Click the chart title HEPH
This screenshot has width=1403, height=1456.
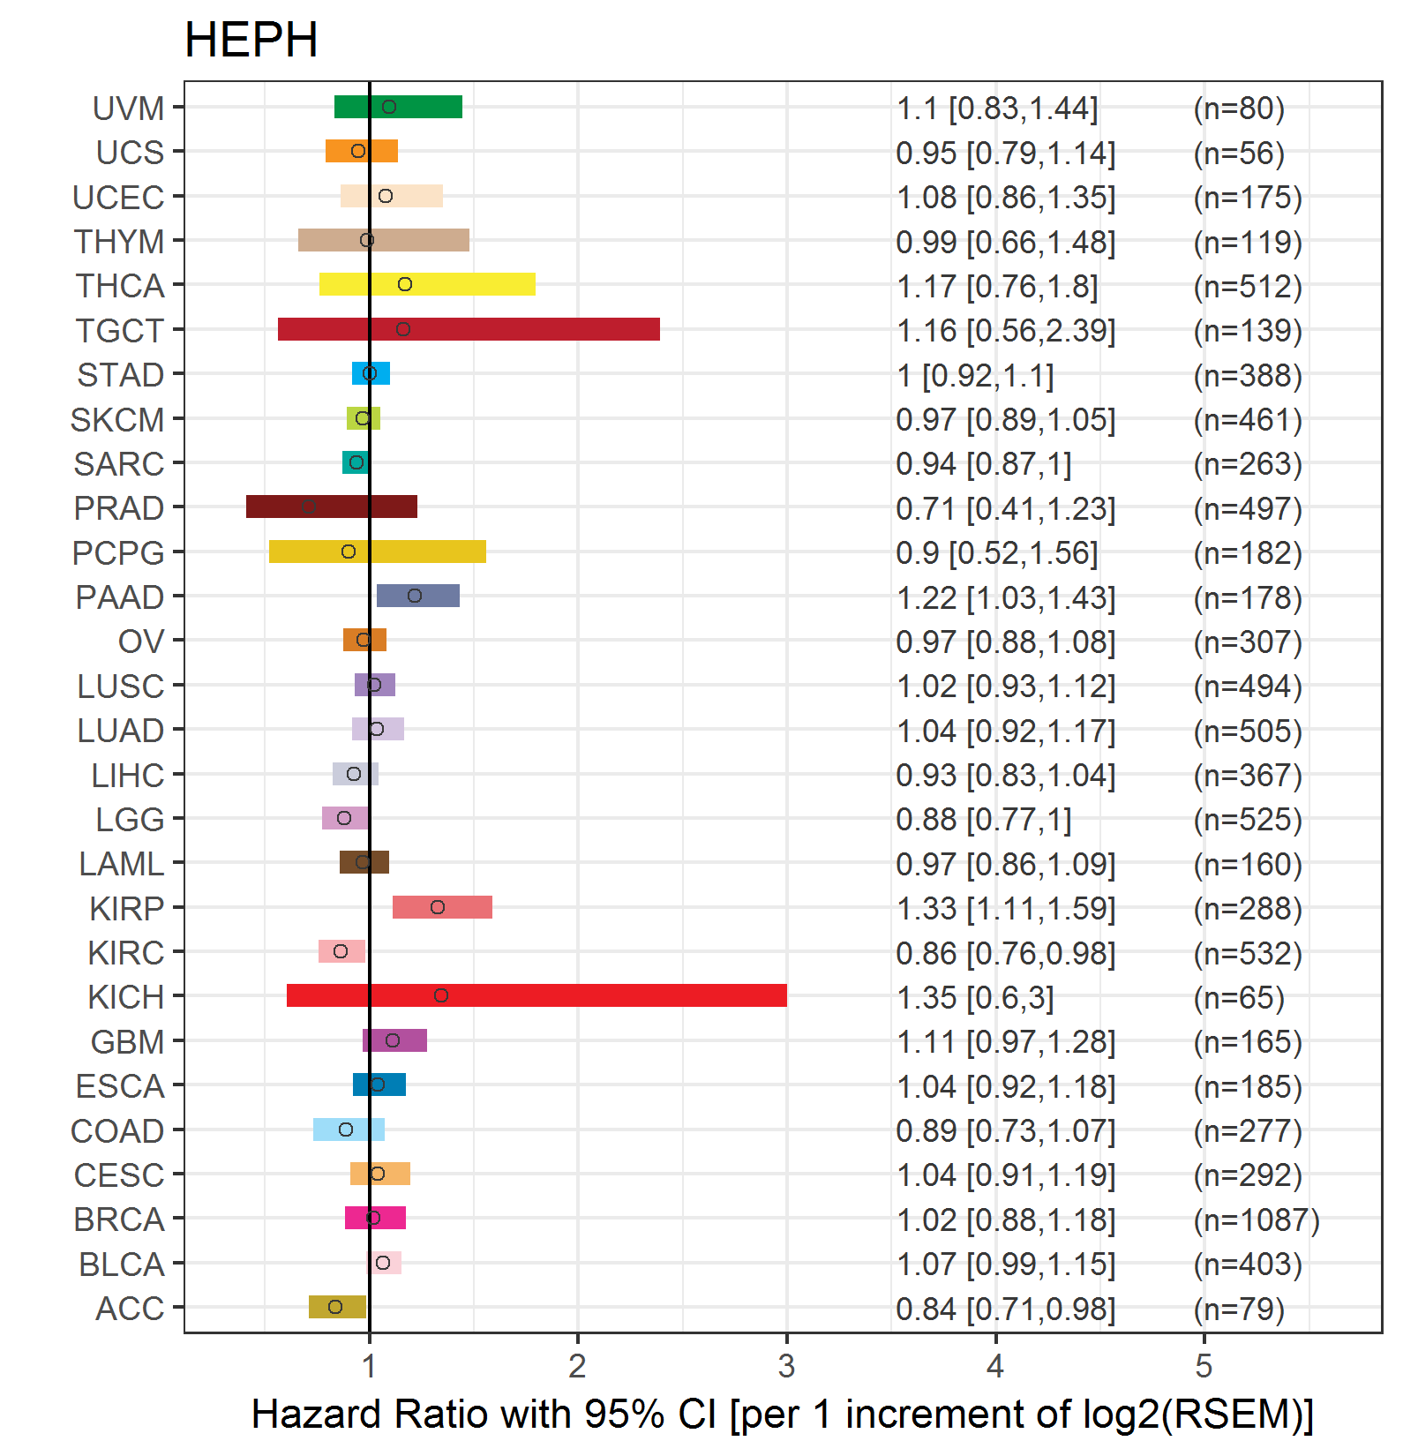(251, 41)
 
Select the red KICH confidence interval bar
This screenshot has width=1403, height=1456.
(536, 995)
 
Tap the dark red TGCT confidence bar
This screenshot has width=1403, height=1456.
(469, 329)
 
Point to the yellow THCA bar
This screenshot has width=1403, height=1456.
(427, 284)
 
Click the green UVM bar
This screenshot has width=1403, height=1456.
(398, 107)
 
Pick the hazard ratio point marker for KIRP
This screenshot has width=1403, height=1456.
(438, 907)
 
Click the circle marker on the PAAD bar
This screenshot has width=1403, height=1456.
(415, 596)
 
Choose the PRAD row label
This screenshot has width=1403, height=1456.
(119, 508)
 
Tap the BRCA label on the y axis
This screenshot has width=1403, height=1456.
(119, 1220)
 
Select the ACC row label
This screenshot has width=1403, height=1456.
(130, 1309)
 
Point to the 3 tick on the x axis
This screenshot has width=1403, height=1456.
(786, 1366)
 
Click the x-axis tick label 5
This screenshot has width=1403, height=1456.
(1204, 1366)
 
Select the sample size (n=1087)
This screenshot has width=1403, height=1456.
(1257, 1220)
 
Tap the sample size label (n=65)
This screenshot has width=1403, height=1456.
(1239, 997)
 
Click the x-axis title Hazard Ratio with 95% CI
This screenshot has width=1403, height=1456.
(484, 1415)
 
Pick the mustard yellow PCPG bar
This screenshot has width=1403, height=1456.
(378, 552)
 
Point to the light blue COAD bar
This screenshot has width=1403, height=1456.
(349, 1130)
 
